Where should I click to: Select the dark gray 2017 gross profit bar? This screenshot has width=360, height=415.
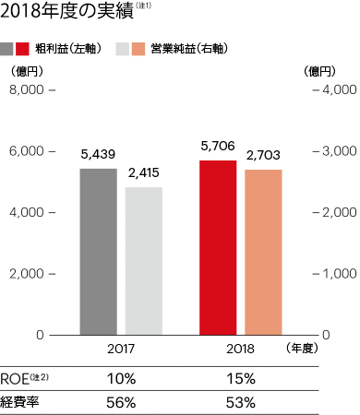tap(98, 251)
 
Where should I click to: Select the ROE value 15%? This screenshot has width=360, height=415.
tap(240, 378)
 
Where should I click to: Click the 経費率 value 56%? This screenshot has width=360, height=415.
tap(120, 402)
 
